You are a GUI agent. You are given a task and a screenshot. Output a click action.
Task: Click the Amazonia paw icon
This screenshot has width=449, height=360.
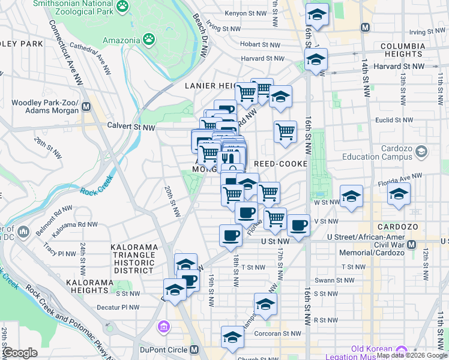pyautogui.click(x=148, y=40)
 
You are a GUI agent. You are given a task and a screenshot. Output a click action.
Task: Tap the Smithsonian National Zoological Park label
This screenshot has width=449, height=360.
pyautogui.click(x=73, y=7)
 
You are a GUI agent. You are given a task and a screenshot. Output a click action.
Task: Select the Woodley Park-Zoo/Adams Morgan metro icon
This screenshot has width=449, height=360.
pyautogui.click(x=86, y=107)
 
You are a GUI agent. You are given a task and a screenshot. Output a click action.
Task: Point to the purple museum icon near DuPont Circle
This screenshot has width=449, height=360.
pyautogui.click(x=163, y=328)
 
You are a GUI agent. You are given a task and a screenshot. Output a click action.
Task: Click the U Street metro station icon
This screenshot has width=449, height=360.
pyautogui.click(x=411, y=245)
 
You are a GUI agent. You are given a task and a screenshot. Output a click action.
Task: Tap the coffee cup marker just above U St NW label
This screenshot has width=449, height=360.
pyautogui.click(x=230, y=235)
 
